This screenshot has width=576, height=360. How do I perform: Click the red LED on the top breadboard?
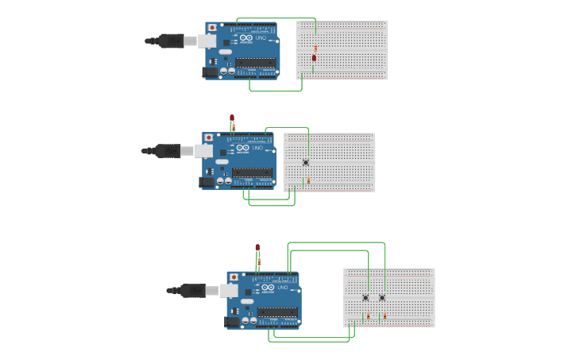tap(315, 58)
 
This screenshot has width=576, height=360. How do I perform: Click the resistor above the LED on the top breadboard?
tap(315, 48)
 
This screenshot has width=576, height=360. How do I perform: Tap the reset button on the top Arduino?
tap(212, 27)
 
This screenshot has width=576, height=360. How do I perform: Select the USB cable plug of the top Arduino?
tap(172, 41)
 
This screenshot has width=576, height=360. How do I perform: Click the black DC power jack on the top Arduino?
tap(210, 72)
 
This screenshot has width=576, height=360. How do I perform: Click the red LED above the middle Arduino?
tap(232, 118)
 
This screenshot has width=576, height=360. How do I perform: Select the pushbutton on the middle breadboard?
tap(306, 162)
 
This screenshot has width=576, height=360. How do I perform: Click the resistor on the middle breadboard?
tap(308, 180)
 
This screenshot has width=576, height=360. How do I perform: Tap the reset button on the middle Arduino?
tap(209, 137)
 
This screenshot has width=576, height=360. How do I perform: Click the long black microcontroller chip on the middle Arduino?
tap(252, 172)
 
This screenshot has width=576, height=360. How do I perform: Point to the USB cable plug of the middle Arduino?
tap(168, 150)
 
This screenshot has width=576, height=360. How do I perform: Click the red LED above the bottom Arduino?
tap(257, 248)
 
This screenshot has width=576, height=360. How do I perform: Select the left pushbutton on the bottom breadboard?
tap(365, 298)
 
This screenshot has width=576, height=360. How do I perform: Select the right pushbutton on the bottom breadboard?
tap(382, 298)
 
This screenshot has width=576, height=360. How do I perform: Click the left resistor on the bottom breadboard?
tap(368, 315)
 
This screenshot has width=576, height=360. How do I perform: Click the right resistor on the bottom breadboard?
tap(385, 315)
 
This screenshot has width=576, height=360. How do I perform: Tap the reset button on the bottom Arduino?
tap(234, 277)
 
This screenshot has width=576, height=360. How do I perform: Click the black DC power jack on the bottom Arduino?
tap(232, 322)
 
